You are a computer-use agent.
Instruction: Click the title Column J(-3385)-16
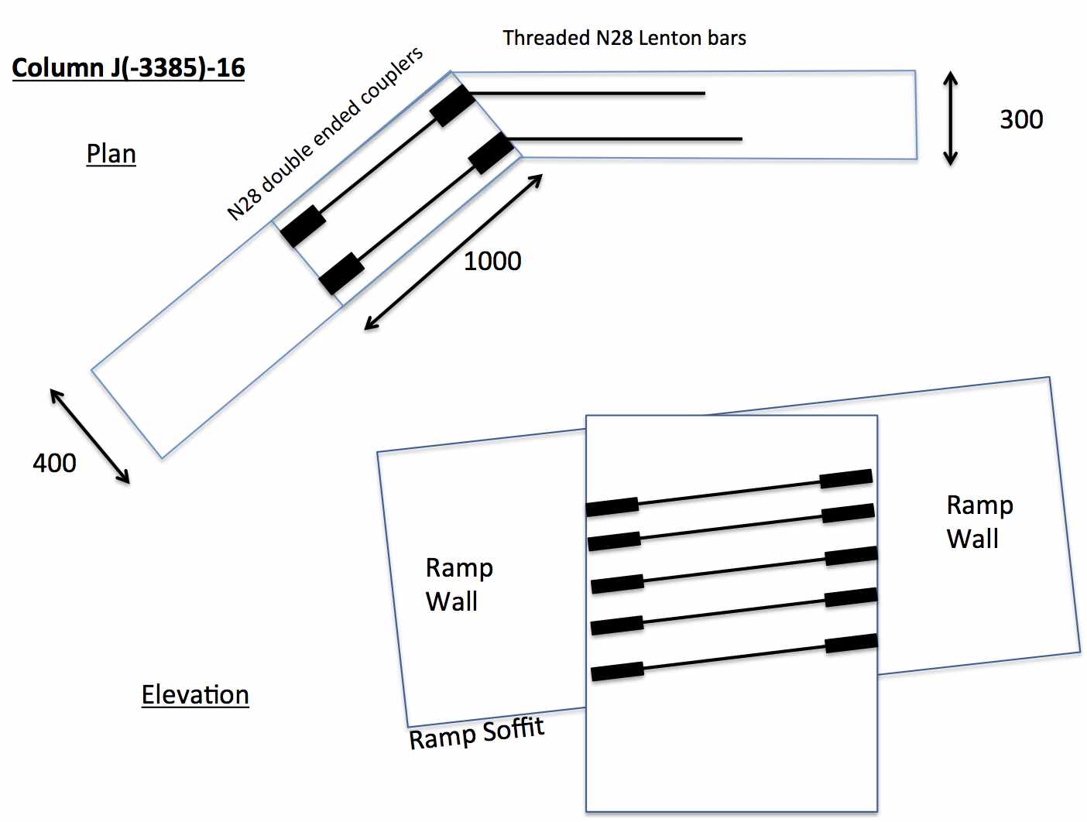click(x=129, y=68)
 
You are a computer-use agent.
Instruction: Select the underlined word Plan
click(x=111, y=154)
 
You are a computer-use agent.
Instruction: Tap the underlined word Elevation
click(x=195, y=695)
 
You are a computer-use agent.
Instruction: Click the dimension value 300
click(x=1021, y=119)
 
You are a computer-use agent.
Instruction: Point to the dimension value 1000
click(x=492, y=261)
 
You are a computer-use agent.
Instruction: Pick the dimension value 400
click(x=54, y=463)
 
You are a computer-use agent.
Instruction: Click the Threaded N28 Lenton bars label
click(x=624, y=38)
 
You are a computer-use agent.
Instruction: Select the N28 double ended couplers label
click(x=325, y=133)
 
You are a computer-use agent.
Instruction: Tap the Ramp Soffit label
click(x=477, y=732)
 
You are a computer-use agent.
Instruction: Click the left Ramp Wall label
click(x=458, y=584)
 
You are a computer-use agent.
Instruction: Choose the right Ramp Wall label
click(x=979, y=522)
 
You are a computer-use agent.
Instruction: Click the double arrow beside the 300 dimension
click(x=951, y=118)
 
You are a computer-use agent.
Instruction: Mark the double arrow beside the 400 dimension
click(x=90, y=436)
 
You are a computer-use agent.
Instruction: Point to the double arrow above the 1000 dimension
click(x=454, y=252)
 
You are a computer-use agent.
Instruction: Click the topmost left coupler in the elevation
click(x=612, y=506)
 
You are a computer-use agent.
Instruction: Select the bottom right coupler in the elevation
click(x=851, y=643)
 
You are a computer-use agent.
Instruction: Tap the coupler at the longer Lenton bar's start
click(x=491, y=152)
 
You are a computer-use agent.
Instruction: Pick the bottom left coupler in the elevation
click(x=617, y=671)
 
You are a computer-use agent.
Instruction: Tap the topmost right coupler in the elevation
click(x=845, y=478)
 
